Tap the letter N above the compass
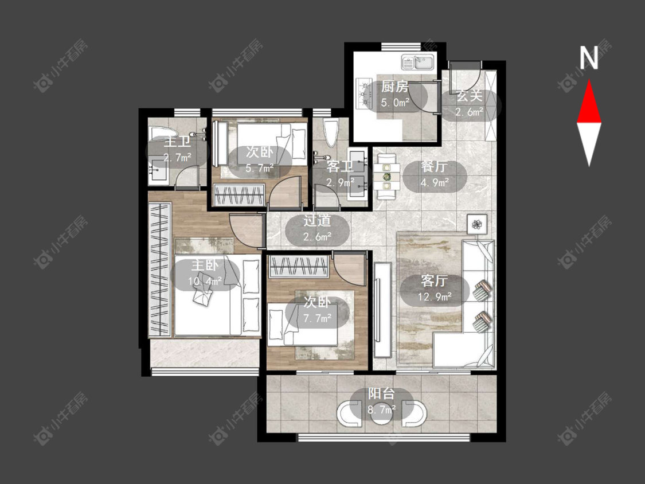[x=589, y=58]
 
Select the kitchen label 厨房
[x=394, y=87]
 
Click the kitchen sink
[x=418, y=62]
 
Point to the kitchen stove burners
[x=363, y=93]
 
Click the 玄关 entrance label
[x=469, y=96]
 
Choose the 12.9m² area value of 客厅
[x=435, y=296]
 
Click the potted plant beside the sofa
[x=477, y=224]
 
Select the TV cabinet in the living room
[x=382, y=310]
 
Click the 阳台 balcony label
[x=381, y=393]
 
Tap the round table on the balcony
[x=381, y=413]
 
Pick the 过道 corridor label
[x=317, y=221]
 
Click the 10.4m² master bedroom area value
[x=205, y=281]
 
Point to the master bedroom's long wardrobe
[x=159, y=270]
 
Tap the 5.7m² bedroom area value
[x=260, y=168]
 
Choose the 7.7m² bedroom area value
[x=318, y=318]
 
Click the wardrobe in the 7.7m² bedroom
[x=299, y=267]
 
